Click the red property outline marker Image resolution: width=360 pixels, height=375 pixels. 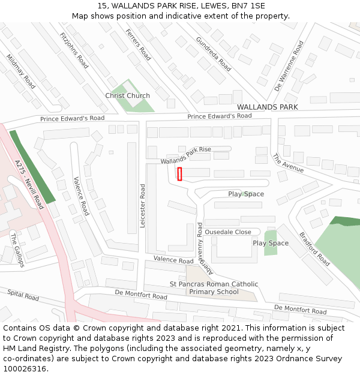click(179, 174)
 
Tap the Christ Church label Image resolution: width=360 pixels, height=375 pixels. click(127, 96)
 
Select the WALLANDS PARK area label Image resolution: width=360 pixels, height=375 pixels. click(267, 107)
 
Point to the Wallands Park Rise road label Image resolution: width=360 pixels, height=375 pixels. click(186, 155)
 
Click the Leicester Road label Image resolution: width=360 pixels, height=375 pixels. click(143, 206)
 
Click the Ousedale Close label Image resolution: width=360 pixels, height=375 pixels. click(228, 232)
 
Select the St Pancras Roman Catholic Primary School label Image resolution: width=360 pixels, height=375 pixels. click(214, 288)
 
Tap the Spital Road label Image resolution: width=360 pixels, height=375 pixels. click(23, 295)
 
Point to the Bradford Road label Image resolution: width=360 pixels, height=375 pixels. click(314, 249)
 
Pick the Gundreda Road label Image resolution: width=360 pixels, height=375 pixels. click(213, 53)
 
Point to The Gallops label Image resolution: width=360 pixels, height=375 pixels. click(16, 250)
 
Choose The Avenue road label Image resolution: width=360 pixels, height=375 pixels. click(288, 163)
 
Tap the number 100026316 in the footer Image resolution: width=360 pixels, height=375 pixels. click(23, 368)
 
